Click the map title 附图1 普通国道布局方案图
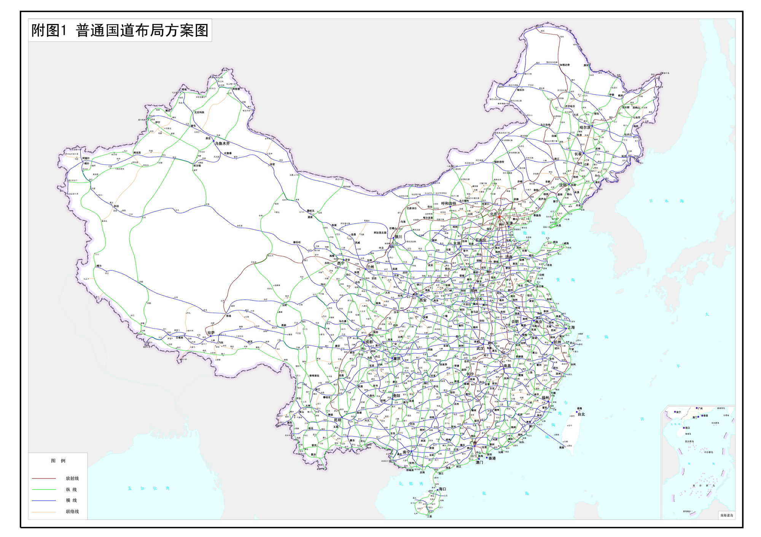pos(120,30)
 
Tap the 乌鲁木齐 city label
pos(222,143)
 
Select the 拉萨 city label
pos(211,332)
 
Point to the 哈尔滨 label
pos(585,127)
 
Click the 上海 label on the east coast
pos(571,327)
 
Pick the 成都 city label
pos(369,342)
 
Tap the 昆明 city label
pos(338,420)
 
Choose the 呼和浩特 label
pos(448,203)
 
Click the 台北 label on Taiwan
pos(581,414)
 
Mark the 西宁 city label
pos(341,263)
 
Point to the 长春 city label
pos(578,154)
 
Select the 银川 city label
pos(398,237)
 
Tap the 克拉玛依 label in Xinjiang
pos(199,112)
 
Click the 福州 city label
pos(545,397)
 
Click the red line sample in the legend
pos(44,478)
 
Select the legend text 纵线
pos(72,489)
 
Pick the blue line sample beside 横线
pos(44,500)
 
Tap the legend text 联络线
pos(72,512)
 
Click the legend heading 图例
pos(58,461)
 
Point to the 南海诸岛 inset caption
pos(726,515)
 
